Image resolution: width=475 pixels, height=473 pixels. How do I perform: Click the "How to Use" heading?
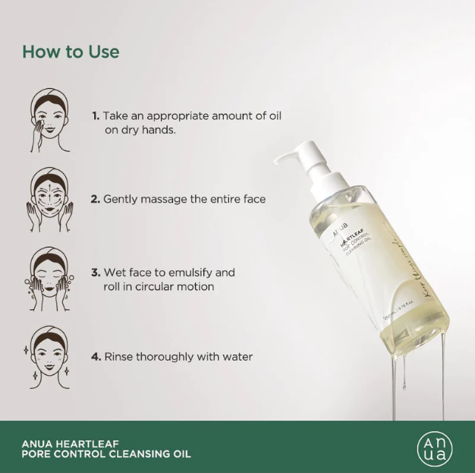pyautogui.click(x=71, y=52)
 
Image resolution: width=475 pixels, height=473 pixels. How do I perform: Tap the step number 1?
pyautogui.click(x=96, y=116)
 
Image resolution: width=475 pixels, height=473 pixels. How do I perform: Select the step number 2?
pyautogui.click(x=96, y=199)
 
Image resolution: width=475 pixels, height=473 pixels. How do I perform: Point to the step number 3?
pyautogui.click(x=96, y=273)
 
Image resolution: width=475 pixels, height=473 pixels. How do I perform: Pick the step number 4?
pyautogui.click(x=96, y=356)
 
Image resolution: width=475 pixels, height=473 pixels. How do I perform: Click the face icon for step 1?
pyautogui.click(x=50, y=121)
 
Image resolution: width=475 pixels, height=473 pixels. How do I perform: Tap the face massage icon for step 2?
pyautogui.click(x=50, y=200)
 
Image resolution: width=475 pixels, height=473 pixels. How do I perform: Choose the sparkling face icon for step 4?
pyautogui.click(x=50, y=355)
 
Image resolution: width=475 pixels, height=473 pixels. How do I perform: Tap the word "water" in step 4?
pyautogui.click(x=236, y=356)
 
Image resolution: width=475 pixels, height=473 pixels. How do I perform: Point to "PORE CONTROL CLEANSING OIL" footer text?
pyautogui.click(x=105, y=455)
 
